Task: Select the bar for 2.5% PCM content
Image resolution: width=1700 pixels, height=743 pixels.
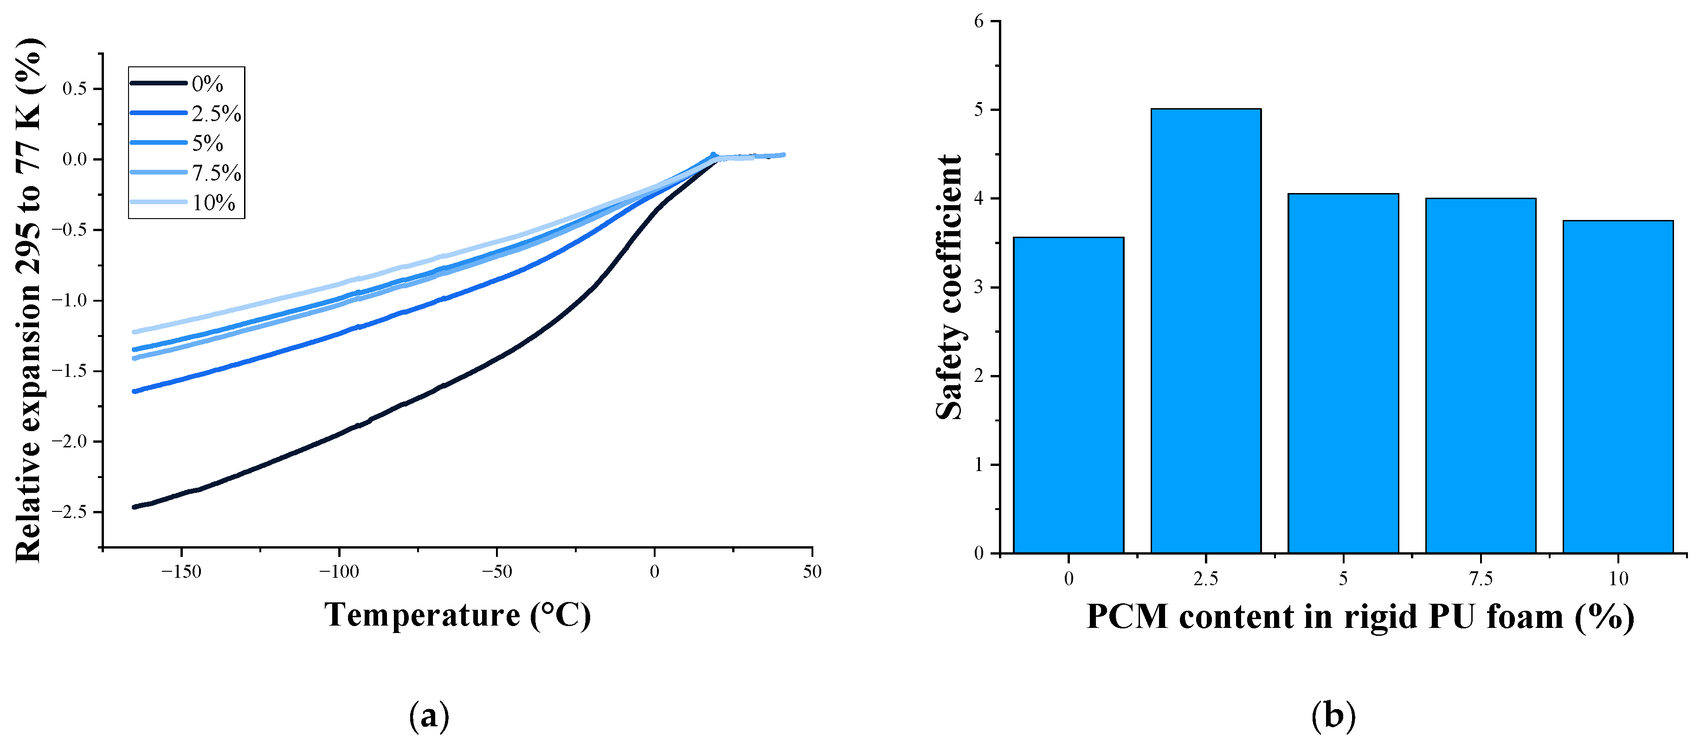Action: coord(1206,330)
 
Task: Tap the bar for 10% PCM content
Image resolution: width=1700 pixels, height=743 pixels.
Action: coord(1618,386)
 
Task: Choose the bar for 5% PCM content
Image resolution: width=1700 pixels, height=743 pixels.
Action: coord(1343,373)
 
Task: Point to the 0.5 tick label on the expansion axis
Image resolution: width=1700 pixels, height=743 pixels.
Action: coord(75,89)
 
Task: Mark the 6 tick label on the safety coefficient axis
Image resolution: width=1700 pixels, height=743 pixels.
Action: coord(979,21)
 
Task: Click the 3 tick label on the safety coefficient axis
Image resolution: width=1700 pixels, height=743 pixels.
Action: coord(979,288)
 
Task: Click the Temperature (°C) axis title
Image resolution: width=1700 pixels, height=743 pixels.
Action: coord(457,615)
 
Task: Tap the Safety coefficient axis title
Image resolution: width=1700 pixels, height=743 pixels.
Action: coord(949,287)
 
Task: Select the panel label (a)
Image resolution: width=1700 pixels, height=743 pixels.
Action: coord(429,715)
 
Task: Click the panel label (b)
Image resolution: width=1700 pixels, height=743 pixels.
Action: coord(1333,715)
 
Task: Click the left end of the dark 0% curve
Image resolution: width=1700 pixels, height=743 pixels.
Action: coord(135,507)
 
